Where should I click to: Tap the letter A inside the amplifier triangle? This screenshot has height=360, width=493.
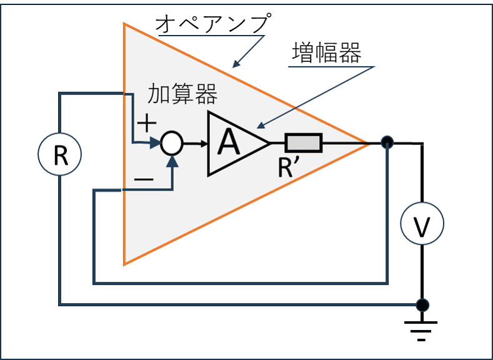click(229, 142)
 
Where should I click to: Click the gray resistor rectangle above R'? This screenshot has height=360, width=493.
click(304, 143)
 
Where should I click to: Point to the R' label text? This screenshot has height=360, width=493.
click(290, 168)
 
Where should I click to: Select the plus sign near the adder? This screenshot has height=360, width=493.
click(146, 122)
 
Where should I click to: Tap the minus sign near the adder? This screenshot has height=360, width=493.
click(144, 179)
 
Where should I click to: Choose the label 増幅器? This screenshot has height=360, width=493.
click(326, 53)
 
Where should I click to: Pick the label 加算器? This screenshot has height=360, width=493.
click(182, 94)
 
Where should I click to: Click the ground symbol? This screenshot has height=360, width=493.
click(421, 331)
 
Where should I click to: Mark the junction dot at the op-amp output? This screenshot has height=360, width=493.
click(387, 142)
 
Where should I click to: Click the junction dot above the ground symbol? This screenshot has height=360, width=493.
click(422, 305)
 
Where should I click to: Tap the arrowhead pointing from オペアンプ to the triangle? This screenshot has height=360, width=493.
click(236, 63)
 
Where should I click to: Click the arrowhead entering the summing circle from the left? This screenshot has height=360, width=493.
click(156, 143)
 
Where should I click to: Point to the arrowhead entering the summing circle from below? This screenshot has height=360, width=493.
click(172, 161)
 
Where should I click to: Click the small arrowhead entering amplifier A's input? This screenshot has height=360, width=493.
click(204, 144)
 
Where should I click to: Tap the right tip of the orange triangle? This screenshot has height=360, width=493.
click(369, 143)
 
